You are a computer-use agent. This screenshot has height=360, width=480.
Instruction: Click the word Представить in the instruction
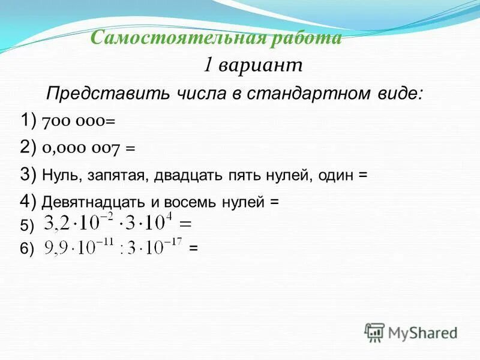point(99,93)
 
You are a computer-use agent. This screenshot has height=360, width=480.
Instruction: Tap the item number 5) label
point(28,226)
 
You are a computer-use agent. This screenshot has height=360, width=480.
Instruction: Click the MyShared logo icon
point(375,332)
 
